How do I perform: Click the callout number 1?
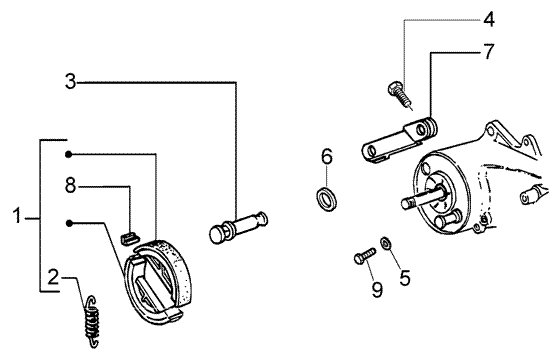tap(17, 216)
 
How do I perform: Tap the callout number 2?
tap(53, 277)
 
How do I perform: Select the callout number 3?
tap(71, 81)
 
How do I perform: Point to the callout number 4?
tap(489, 20)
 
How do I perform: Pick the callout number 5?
tap(405, 278)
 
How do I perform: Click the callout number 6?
tap(327, 156)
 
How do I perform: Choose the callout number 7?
tap(489, 52)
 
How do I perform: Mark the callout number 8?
tap(71, 185)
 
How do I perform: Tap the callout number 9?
tap(377, 289)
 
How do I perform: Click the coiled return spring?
tap(92, 321)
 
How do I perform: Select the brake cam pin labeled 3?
tap(238, 227)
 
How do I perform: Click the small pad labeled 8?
tap(129, 238)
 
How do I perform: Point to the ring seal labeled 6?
tap(327, 199)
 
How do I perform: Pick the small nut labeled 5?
tap(386, 244)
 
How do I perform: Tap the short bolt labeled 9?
tap(365, 256)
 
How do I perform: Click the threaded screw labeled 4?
tap(400, 94)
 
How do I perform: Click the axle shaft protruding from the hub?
tap(424, 199)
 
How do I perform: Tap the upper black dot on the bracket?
tap(69, 154)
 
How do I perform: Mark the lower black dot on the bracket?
tap(69, 223)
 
